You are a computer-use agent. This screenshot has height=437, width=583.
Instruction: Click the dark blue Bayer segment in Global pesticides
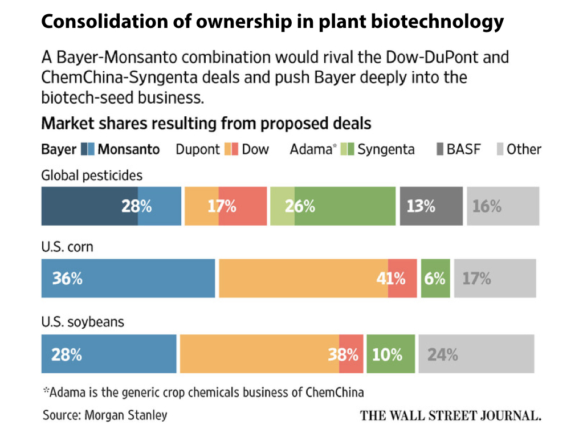point(89,206)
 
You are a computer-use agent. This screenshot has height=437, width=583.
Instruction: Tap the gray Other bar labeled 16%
point(503,206)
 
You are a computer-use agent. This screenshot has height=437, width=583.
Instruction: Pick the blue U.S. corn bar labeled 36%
point(128,278)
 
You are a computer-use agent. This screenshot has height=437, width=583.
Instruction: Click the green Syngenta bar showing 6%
point(435,278)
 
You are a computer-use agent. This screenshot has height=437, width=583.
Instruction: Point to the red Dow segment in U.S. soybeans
point(351,354)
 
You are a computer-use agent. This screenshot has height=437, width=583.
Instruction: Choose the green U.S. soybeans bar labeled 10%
point(390,354)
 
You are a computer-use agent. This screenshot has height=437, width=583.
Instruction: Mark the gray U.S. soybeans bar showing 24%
point(476,354)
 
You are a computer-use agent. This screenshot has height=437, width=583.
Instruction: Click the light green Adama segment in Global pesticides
point(282,206)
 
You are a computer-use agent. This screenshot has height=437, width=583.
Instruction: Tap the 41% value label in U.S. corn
point(392,278)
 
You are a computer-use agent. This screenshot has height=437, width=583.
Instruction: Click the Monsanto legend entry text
point(129,149)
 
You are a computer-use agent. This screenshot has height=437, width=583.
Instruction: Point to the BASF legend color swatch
point(441,149)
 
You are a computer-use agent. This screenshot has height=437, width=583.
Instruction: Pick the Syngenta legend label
point(386,149)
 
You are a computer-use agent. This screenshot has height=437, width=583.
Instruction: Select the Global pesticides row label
point(92,175)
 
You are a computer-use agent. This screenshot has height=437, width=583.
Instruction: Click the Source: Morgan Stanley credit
point(105,415)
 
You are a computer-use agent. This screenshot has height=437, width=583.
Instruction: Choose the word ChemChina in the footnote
point(335,392)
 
